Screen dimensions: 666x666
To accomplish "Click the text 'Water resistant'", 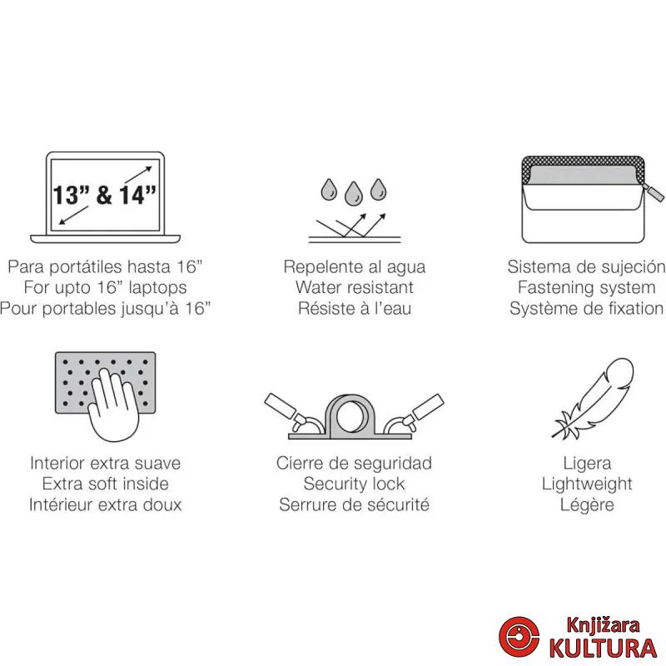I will coord(355,287).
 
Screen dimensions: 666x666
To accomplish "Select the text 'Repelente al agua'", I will coord(355,266).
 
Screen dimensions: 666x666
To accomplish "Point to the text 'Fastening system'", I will coord(586,287).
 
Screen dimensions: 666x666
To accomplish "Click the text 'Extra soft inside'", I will coord(105,484).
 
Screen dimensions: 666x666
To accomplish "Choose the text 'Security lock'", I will coord(355,484).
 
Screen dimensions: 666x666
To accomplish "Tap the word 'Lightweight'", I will coord(587,484).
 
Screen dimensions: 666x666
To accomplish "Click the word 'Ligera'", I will coord(587,463).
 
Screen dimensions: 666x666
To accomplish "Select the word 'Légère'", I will coord(587,504).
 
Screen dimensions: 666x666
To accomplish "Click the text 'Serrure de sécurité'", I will coord(355,504).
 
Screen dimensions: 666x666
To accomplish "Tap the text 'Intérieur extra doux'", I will coord(105,504).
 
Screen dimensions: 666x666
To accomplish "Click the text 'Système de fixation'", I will coord(586,308).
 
